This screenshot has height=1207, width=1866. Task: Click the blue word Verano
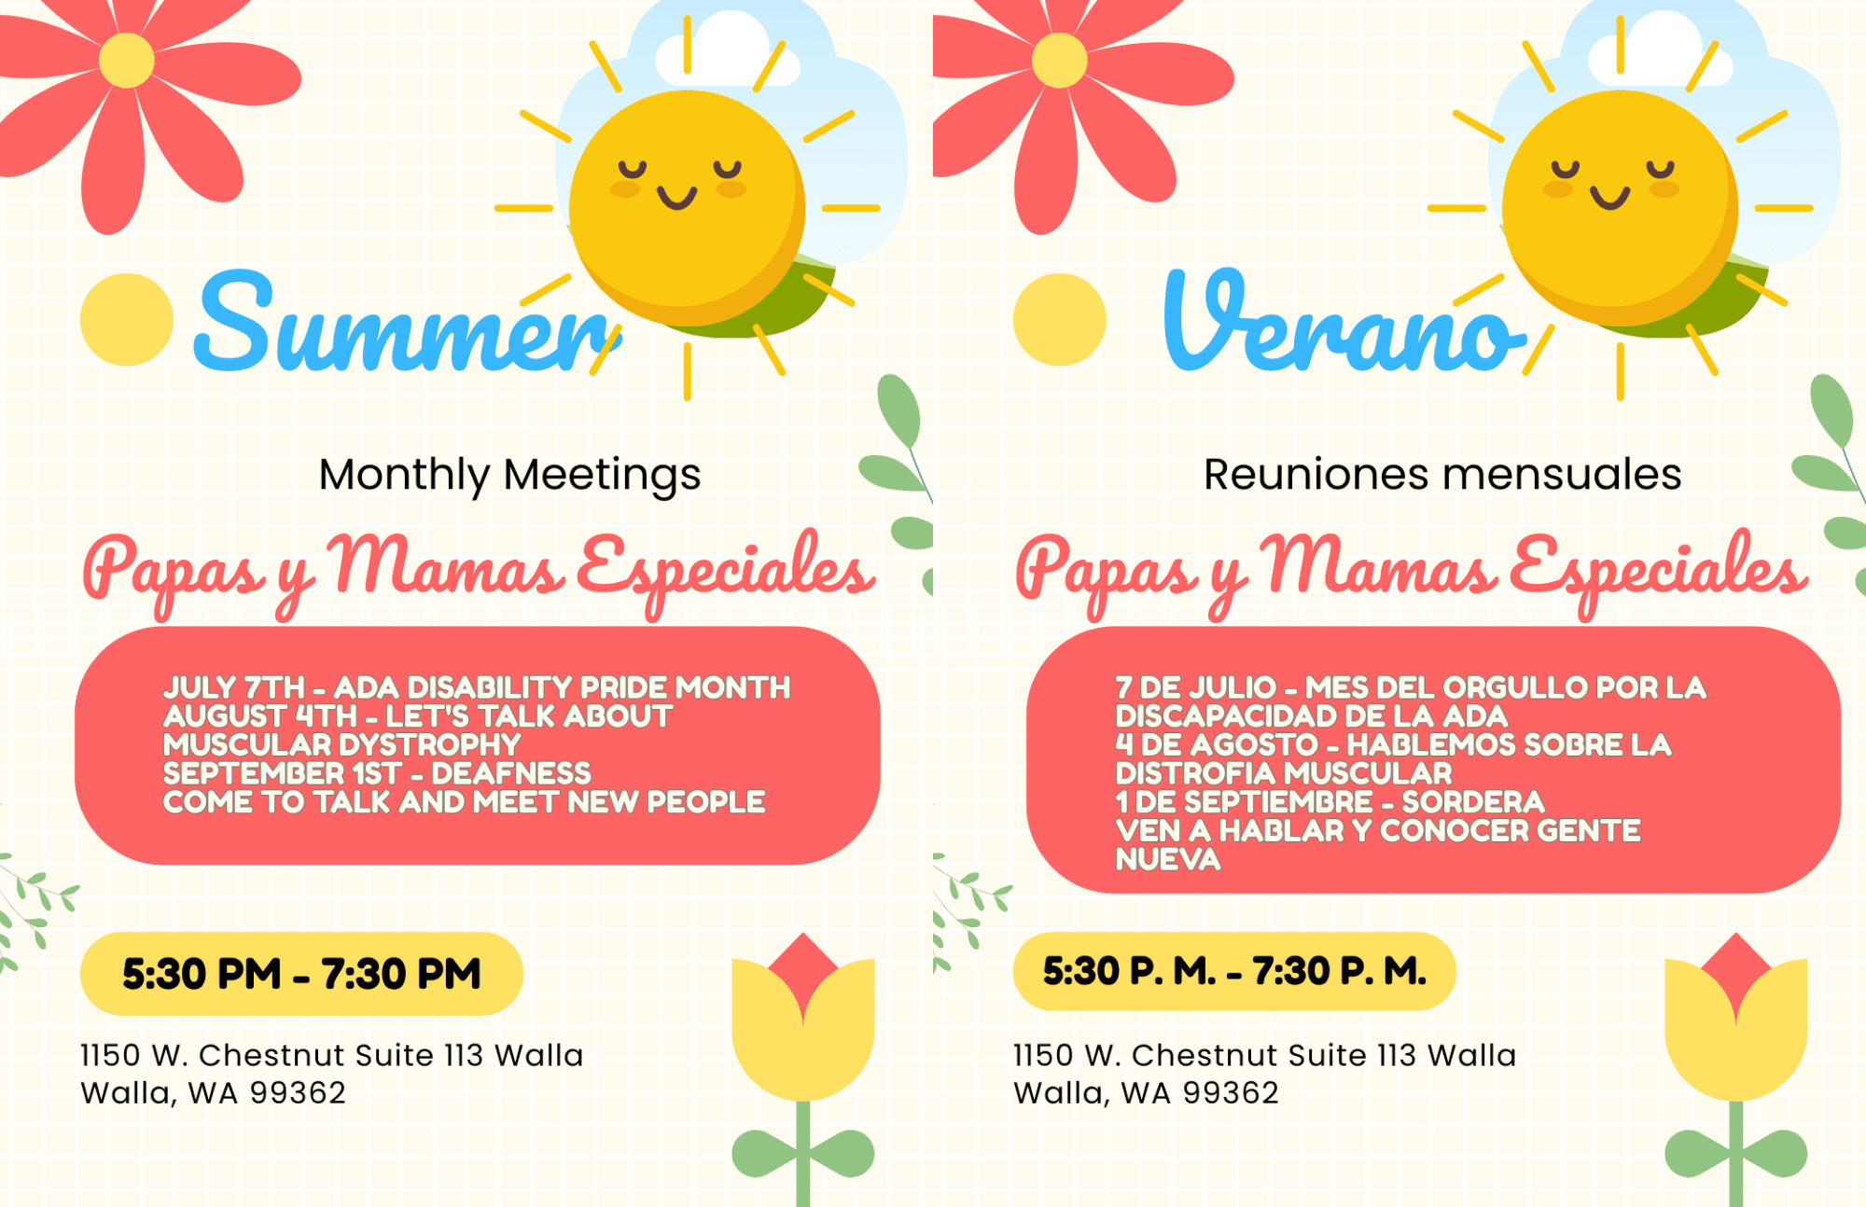pos(1344,322)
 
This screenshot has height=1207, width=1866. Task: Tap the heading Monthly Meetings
pos(509,475)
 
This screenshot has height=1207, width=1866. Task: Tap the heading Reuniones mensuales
pos(1442,474)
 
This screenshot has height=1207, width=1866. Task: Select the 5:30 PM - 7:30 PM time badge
pos(301,974)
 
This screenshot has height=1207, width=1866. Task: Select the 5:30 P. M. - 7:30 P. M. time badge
pos(1234,971)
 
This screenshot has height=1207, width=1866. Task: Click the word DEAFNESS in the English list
pos(511,773)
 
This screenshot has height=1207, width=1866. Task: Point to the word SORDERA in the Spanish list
pos(1473,802)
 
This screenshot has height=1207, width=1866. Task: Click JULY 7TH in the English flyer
pos(234,687)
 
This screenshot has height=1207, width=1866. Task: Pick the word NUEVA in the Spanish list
pos(1168,859)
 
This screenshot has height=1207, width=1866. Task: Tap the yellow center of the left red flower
pos(126,60)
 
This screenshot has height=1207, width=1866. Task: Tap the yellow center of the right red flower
pos(1059,60)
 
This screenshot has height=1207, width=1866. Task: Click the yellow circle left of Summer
pos(127,319)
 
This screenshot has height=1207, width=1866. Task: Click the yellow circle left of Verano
pos(1060,319)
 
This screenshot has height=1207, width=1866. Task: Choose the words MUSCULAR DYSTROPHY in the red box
pos(341,745)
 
